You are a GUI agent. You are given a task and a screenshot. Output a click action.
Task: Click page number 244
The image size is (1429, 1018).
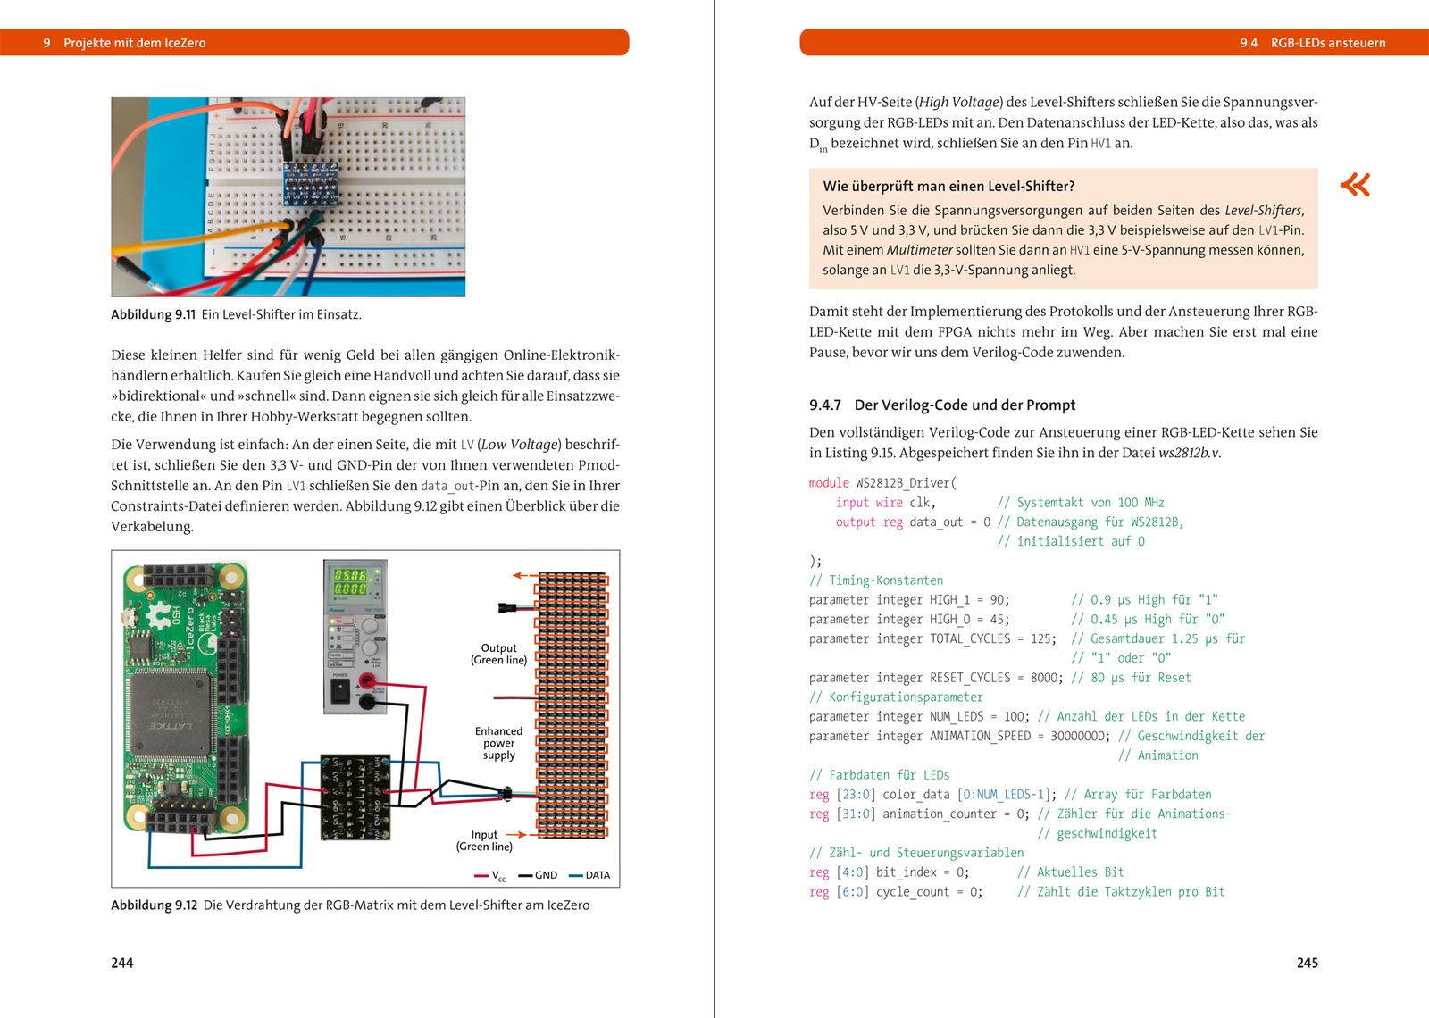click(121, 963)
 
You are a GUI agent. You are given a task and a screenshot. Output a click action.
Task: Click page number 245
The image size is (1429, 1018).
click(1308, 963)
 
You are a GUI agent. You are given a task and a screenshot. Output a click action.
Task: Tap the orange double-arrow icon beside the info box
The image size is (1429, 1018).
click(1355, 185)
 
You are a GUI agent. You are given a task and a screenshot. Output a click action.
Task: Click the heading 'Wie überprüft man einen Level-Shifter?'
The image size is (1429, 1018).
click(948, 187)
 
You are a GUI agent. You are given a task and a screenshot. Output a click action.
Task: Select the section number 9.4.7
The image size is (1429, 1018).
click(825, 405)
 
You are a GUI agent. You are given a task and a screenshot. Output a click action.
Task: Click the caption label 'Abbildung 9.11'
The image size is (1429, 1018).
click(153, 314)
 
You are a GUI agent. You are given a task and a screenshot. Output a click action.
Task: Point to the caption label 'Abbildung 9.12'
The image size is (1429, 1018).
click(154, 905)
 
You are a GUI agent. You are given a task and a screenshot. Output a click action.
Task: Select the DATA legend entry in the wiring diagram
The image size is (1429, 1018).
click(589, 875)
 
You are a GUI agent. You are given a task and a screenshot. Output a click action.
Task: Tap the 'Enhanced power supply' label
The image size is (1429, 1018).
click(498, 743)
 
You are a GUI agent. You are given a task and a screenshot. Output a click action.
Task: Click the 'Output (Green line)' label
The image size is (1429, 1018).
click(499, 654)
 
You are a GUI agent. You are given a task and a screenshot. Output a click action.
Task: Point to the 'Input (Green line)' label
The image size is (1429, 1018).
click(484, 840)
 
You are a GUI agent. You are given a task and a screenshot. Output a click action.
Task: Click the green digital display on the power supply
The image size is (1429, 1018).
click(350, 581)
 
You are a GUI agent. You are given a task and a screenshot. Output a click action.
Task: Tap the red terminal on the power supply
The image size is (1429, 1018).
click(367, 681)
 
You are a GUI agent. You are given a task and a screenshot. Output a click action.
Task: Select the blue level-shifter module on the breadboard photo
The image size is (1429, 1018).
click(311, 183)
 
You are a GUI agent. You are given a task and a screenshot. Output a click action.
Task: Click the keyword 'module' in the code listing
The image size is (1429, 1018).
click(829, 483)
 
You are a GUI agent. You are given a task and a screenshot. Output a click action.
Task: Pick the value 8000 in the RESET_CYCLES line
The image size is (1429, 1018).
click(1047, 678)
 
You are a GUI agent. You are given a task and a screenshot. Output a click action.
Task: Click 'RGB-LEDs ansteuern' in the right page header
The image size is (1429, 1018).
click(1328, 43)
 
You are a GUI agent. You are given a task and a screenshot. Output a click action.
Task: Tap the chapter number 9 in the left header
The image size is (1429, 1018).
click(46, 43)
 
